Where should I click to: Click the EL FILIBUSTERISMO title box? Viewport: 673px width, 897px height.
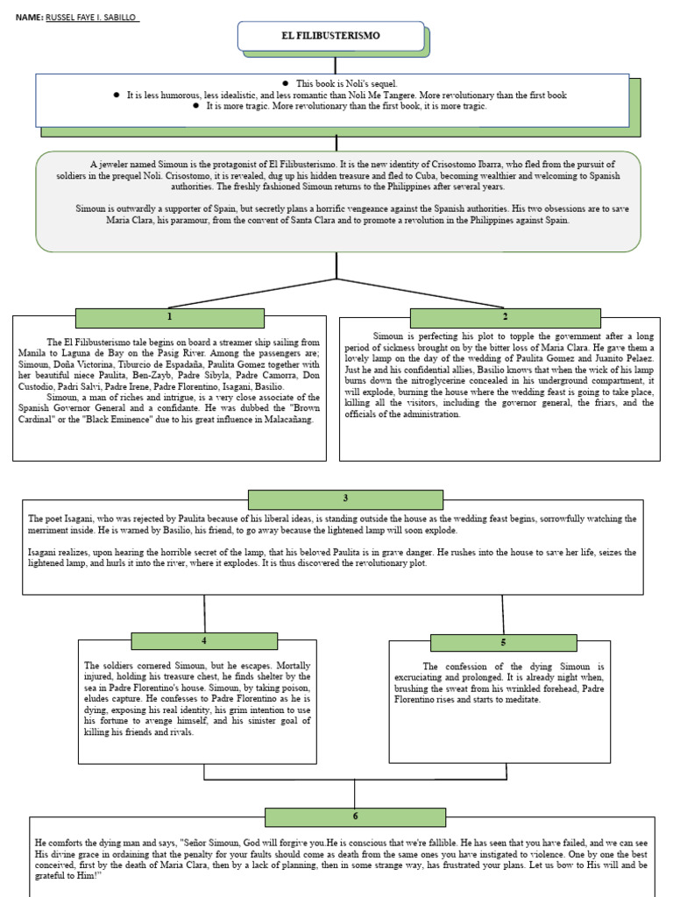click(x=331, y=37)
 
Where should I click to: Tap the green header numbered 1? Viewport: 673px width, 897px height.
click(x=169, y=317)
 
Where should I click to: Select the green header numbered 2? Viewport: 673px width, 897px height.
click(x=505, y=317)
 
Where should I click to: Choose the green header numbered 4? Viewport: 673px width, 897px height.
click(x=204, y=640)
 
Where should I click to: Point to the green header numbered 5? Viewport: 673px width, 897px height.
click(x=503, y=642)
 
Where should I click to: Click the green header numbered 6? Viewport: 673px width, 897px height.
click(x=355, y=816)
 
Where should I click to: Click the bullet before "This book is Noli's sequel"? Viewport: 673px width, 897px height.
click(x=286, y=83)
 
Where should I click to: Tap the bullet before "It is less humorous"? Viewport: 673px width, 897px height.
click(x=117, y=95)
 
